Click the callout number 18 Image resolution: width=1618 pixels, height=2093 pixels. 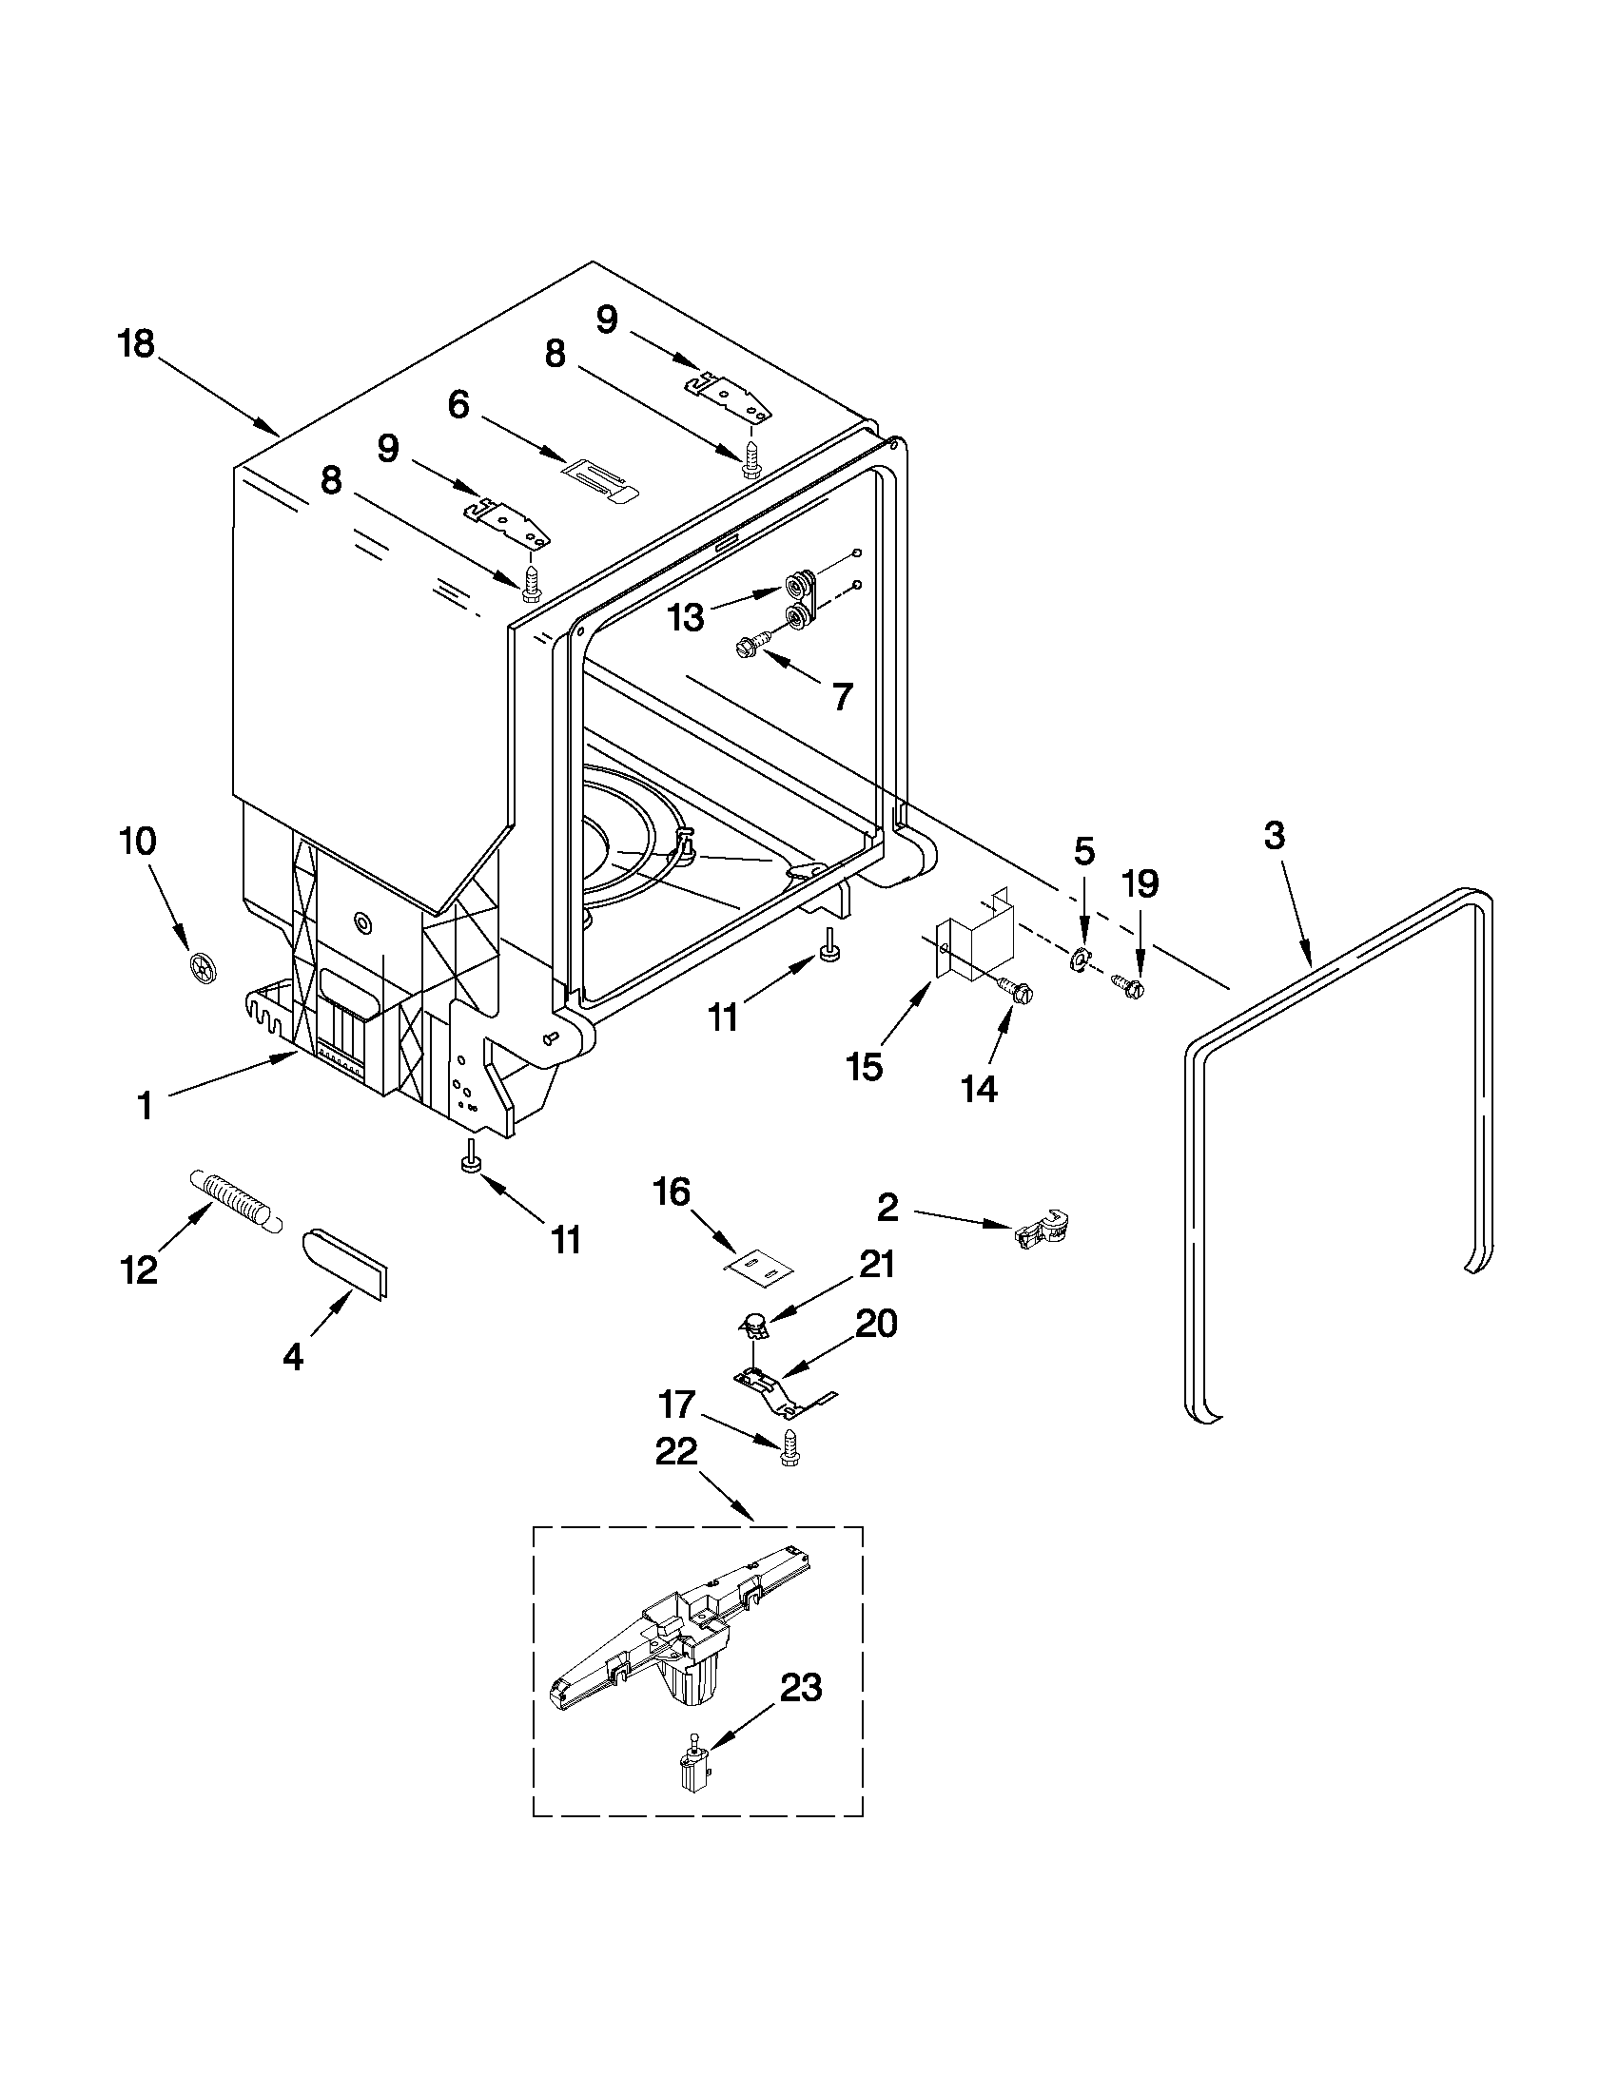click(x=136, y=344)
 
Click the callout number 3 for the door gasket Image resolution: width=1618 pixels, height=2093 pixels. click(x=1273, y=835)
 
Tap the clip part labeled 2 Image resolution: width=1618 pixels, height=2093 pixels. click(x=1042, y=1230)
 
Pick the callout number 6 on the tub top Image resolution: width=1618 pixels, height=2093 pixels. click(x=458, y=404)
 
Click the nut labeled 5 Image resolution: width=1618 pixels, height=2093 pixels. click(x=1079, y=957)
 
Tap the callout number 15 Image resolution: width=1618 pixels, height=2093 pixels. click(x=865, y=1067)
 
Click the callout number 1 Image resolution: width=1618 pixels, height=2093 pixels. click(x=144, y=1107)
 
